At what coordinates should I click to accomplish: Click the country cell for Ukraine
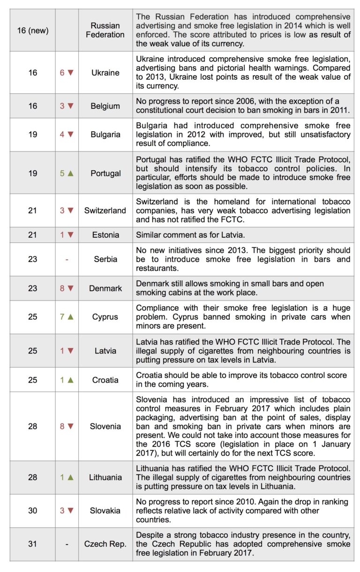click(105, 73)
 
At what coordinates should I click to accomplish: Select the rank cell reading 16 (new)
click(33, 30)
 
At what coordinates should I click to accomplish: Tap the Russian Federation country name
click(105, 30)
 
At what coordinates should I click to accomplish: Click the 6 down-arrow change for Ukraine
click(67, 73)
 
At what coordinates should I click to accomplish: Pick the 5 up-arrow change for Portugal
click(67, 173)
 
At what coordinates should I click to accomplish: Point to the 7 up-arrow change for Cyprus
click(67, 317)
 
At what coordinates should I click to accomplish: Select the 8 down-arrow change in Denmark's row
click(67, 288)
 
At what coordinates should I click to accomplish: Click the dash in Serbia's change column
click(67, 259)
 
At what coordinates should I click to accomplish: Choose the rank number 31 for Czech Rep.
click(33, 544)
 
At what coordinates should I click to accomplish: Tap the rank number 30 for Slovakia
click(33, 511)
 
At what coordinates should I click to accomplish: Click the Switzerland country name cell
click(105, 211)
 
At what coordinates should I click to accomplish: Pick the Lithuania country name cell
click(105, 477)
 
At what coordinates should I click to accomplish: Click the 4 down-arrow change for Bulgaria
click(67, 135)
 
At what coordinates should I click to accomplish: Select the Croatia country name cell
click(105, 380)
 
